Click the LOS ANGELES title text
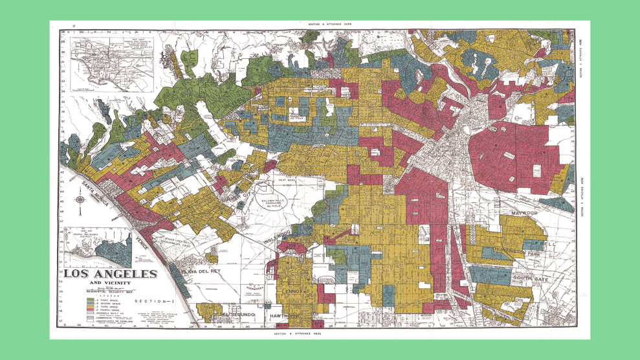[110, 274]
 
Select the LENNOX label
[293, 291]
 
